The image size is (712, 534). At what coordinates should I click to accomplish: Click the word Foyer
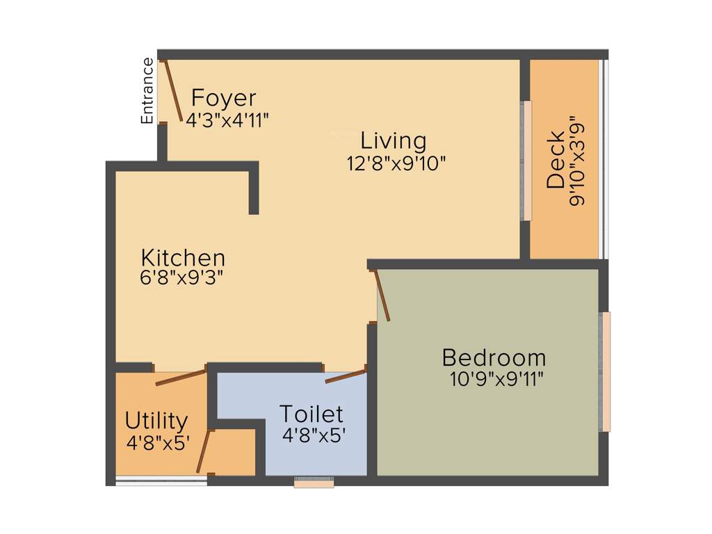224,97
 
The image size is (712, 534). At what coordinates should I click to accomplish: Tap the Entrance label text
147,91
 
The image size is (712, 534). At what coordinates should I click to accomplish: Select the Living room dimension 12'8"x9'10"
396,163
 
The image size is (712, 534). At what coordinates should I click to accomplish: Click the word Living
394,140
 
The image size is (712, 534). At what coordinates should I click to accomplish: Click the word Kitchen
183,257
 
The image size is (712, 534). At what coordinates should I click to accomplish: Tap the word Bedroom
494,358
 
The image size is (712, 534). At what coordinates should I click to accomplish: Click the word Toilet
311,414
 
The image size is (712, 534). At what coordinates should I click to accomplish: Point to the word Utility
156,421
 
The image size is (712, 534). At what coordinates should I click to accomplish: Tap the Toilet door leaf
346,376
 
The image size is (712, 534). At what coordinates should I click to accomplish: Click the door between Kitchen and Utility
181,378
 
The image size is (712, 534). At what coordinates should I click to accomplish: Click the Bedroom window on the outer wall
606,371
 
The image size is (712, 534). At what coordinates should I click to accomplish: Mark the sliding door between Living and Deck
527,161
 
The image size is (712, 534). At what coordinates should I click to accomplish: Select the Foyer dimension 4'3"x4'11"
227,118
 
